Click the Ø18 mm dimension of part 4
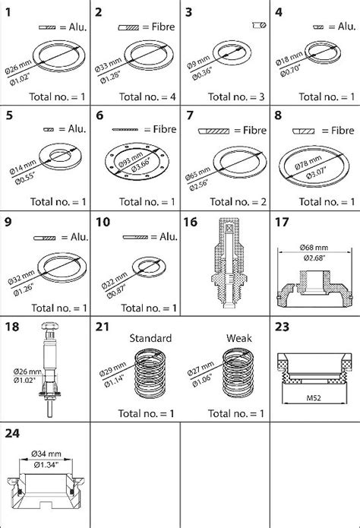[289, 60]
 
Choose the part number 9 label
[9, 223]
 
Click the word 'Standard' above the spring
[150, 338]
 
